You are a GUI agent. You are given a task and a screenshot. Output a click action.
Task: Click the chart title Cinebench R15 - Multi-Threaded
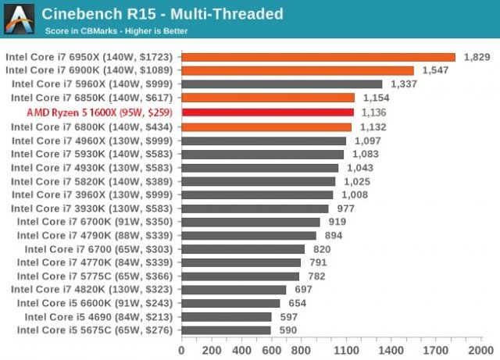click(162, 13)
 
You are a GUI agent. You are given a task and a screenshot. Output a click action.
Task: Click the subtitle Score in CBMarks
click(116, 31)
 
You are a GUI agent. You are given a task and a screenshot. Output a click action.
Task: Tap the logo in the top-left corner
click(19, 19)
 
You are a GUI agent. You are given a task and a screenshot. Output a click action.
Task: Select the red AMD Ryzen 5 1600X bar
click(268, 112)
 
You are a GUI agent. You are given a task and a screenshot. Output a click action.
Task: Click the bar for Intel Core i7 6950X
click(318, 57)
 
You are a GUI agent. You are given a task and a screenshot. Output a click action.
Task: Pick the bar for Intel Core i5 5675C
click(227, 330)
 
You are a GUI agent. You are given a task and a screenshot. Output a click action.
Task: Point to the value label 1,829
click(476, 57)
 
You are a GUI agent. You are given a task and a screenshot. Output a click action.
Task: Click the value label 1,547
click(434, 70)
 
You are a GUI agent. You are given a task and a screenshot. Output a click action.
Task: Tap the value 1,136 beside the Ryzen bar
click(375, 112)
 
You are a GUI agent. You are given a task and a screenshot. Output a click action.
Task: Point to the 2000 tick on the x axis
click(480, 349)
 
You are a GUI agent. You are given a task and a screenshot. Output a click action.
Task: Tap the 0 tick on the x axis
click(182, 349)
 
